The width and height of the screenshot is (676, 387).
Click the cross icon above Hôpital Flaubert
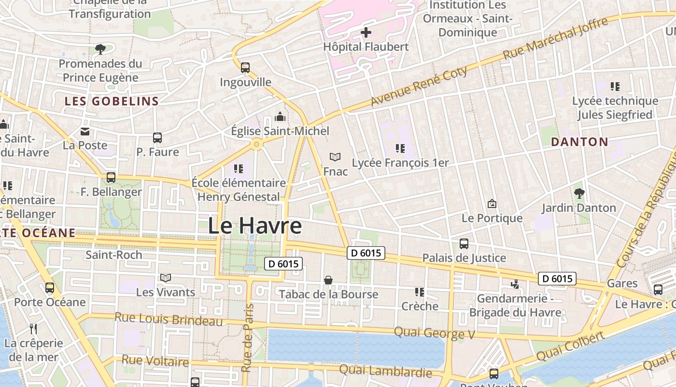click(x=366, y=33)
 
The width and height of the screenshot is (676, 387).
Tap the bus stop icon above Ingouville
click(x=245, y=68)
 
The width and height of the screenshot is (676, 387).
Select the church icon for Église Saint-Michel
click(x=280, y=117)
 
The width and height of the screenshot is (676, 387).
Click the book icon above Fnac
click(x=335, y=157)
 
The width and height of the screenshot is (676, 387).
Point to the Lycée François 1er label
click(x=400, y=163)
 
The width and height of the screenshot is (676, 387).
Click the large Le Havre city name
click(x=255, y=226)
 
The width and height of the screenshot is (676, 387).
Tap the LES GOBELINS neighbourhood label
click(x=112, y=101)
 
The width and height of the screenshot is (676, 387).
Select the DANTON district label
click(x=579, y=142)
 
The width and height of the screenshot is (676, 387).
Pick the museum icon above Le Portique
click(x=492, y=204)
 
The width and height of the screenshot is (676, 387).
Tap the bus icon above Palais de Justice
click(x=464, y=244)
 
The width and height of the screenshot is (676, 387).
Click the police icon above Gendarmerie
click(x=515, y=284)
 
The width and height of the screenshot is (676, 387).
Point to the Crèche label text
click(x=420, y=306)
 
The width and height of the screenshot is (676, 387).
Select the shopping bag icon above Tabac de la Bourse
click(x=328, y=280)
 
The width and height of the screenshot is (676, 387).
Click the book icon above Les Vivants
click(x=166, y=278)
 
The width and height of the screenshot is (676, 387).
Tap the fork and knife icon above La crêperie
click(x=33, y=329)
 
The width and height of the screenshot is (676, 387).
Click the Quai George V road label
click(x=435, y=333)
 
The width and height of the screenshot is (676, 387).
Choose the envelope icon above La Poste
click(x=85, y=131)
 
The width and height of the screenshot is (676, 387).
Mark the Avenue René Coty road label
click(x=419, y=87)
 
